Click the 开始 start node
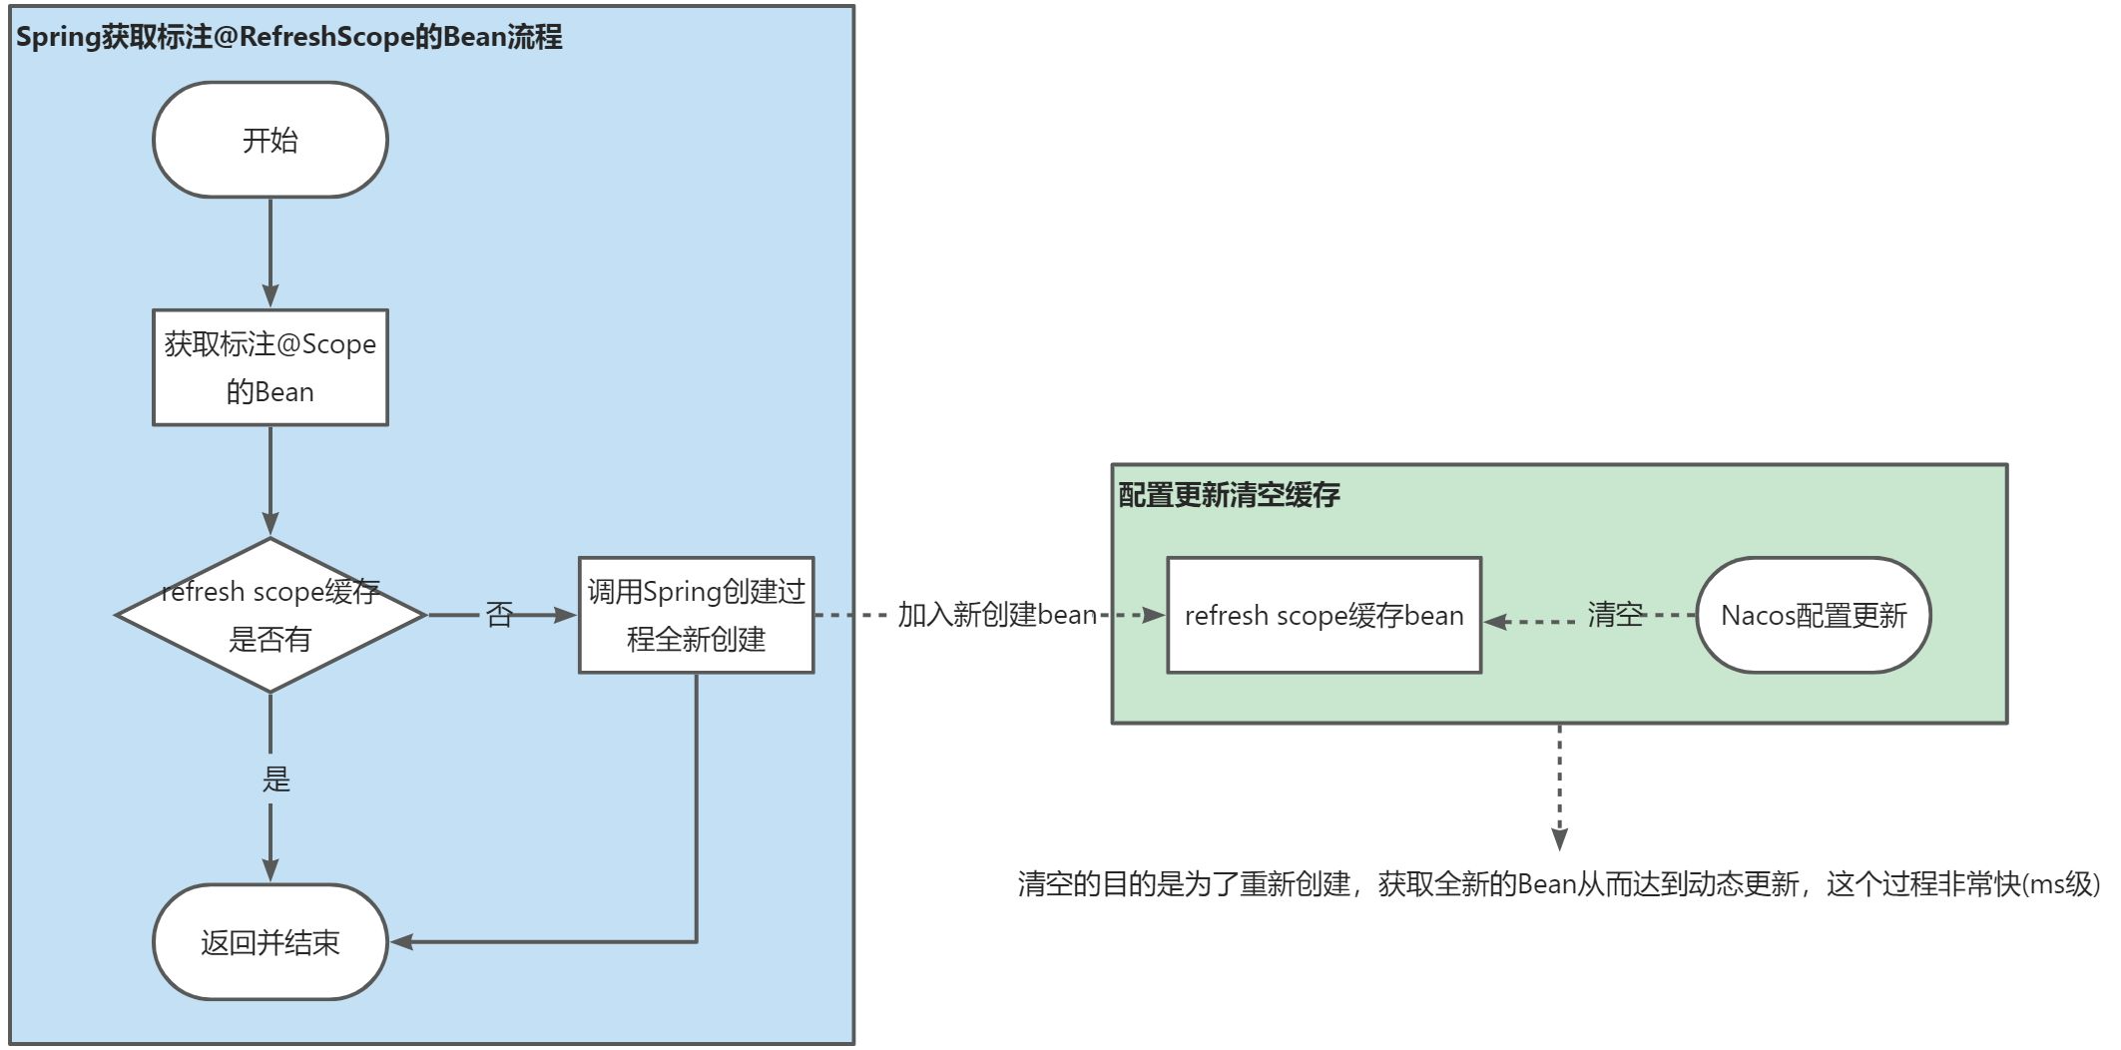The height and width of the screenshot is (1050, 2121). pyautogui.click(x=269, y=140)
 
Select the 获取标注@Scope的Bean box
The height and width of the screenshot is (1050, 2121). pyautogui.click(x=269, y=367)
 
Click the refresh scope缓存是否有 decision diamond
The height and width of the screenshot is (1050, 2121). pyautogui.click(x=269, y=615)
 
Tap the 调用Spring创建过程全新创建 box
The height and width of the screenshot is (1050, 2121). pyautogui.click(x=696, y=615)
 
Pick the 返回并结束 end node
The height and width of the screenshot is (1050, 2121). pyautogui.click(x=269, y=942)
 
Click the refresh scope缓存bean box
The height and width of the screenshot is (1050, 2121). pyautogui.click(x=1324, y=615)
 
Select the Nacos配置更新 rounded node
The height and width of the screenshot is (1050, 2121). pyautogui.click(x=1813, y=615)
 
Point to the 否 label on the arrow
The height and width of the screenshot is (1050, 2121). pyautogui.click(x=499, y=614)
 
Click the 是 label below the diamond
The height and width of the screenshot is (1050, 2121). pyautogui.click(x=275, y=779)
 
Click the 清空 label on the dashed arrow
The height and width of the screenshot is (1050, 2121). pyautogui.click(x=1614, y=615)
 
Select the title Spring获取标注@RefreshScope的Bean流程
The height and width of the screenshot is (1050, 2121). pyautogui.click(x=289, y=37)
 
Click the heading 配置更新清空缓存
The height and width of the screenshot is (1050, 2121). pyautogui.click(x=1229, y=494)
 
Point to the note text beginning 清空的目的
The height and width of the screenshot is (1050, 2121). pyautogui.click(x=1557, y=884)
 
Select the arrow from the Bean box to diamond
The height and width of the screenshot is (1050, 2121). pyautogui.click(x=270, y=479)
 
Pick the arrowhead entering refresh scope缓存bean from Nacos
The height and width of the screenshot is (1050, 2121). pyautogui.click(x=1495, y=622)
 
